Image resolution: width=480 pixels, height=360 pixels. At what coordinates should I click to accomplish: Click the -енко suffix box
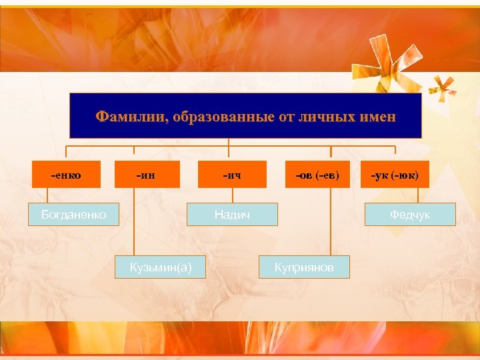[x=67, y=175]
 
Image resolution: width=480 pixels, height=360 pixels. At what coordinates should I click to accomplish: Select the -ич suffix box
[x=232, y=175]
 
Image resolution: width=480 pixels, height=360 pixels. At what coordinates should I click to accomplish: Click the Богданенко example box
[x=72, y=214]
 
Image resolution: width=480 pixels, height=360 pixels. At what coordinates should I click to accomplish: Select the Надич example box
[x=232, y=214]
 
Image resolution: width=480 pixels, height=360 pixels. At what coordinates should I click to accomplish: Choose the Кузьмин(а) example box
[x=160, y=267]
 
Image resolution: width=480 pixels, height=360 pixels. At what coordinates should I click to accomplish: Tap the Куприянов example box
[x=303, y=267]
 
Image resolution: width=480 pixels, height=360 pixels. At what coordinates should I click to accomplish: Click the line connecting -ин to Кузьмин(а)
[x=135, y=220]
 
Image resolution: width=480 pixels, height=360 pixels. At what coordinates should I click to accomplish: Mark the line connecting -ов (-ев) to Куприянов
[x=329, y=220]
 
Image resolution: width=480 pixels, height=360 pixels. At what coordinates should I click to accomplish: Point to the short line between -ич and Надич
[x=232, y=195]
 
